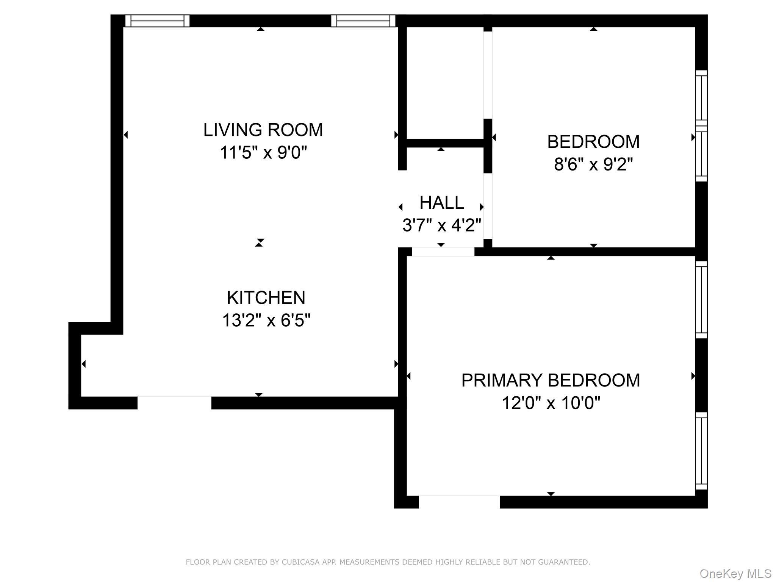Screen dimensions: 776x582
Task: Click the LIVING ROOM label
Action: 263,130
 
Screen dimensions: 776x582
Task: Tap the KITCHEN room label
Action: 266,298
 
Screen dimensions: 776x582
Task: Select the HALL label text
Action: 441,203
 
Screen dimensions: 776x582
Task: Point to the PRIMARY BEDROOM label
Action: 551,380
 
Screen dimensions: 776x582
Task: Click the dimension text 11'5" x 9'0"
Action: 263,153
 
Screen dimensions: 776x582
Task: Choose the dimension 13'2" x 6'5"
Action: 266,320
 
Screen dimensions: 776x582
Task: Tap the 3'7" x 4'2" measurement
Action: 441,225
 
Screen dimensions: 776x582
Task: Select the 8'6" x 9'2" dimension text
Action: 593,164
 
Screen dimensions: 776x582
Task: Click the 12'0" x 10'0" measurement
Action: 551,403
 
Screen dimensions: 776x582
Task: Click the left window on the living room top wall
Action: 157,21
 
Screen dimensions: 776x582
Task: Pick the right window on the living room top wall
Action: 363,21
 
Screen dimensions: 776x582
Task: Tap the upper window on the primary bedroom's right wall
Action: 701,300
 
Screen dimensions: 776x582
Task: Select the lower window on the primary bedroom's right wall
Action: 701,451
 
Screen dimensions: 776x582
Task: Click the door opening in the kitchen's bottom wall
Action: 174,403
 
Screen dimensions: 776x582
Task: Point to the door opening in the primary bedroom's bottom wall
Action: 459,502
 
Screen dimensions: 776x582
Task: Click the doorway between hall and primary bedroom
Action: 443,252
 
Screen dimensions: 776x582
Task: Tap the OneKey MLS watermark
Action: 735,574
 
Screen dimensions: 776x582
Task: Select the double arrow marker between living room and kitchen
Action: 259,242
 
